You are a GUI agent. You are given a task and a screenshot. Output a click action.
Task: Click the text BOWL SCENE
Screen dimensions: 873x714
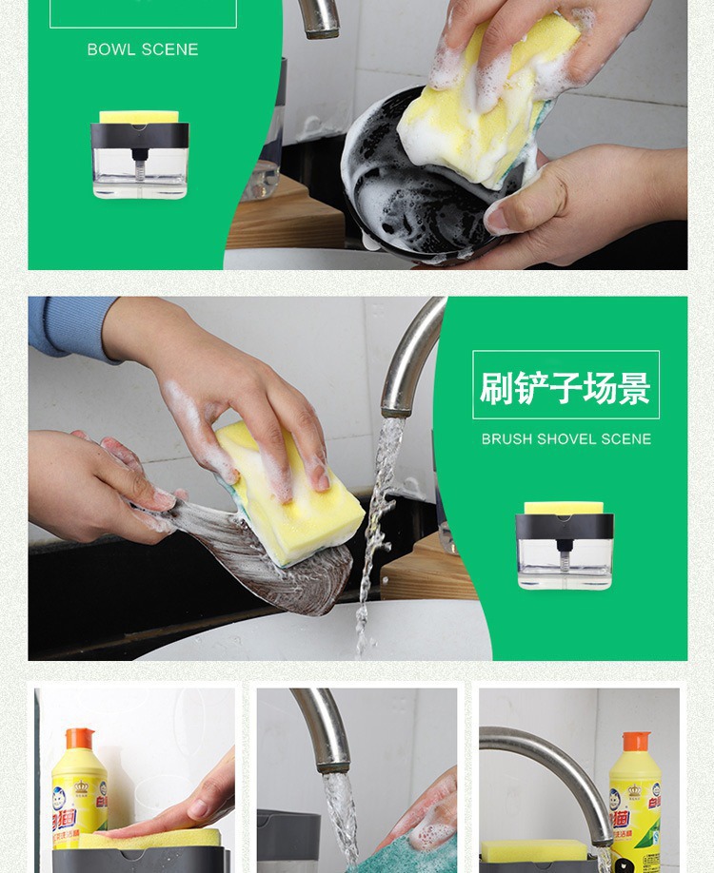pyautogui.click(x=143, y=49)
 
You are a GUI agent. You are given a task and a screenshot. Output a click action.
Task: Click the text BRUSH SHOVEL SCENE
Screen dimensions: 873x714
pyautogui.click(x=565, y=439)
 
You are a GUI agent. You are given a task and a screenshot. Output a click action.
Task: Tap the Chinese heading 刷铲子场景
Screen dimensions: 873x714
pyautogui.click(x=565, y=386)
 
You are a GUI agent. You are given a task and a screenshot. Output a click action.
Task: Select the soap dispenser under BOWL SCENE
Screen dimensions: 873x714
pyautogui.click(x=140, y=155)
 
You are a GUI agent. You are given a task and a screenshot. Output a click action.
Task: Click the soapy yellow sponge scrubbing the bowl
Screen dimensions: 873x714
pyautogui.click(x=486, y=100)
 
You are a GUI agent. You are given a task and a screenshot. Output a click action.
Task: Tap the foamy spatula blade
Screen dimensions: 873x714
pyautogui.click(x=257, y=556)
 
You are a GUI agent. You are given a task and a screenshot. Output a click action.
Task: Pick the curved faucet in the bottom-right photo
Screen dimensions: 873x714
pyautogui.click(x=552, y=761)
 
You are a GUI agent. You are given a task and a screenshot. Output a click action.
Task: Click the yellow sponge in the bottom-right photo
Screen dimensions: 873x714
pyautogui.click(x=533, y=851)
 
